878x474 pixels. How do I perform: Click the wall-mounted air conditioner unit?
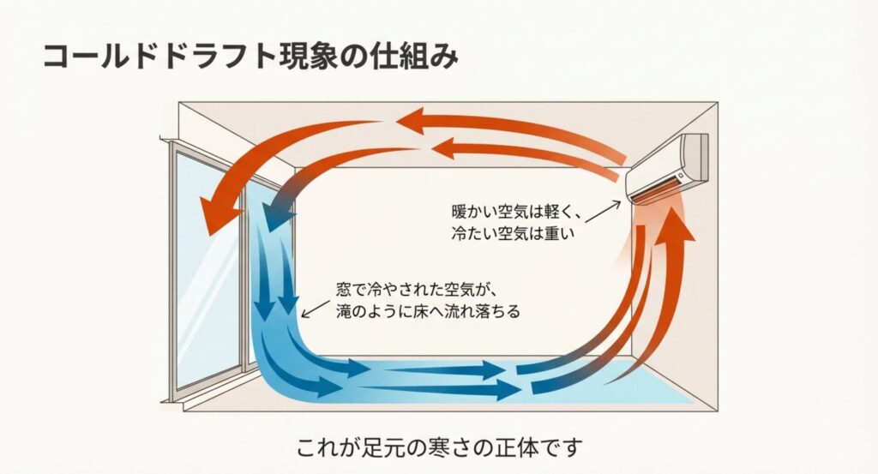tap(670, 166)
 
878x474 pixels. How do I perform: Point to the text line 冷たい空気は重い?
tap(507, 232)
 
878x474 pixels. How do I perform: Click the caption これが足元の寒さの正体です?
tap(440, 447)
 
